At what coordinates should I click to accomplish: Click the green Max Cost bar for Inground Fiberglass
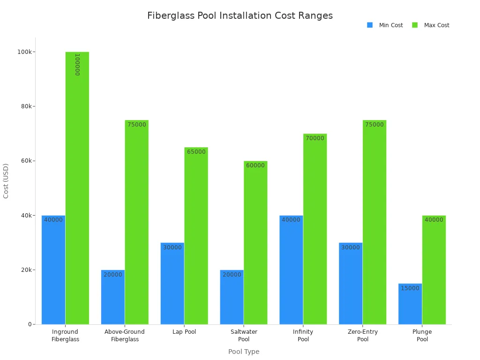coord(77,187)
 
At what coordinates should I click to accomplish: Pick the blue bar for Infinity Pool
coord(291,270)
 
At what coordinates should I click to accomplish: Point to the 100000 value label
coord(77,64)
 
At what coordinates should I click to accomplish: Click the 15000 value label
coord(410,288)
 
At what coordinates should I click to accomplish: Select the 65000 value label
coord(196,152)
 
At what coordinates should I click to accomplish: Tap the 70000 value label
coord(315,138)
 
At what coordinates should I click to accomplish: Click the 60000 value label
coord(255,165)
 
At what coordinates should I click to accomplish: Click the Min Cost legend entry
coord(385,25)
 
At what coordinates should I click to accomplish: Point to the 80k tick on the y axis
coord(26,106)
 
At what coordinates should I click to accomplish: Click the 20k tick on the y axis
coord(26,270)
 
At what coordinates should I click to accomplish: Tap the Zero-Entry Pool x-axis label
coord(363,335)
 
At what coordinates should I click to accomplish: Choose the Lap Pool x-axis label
coord(184,332)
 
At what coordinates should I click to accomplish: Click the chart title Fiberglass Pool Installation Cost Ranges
coord(240,15)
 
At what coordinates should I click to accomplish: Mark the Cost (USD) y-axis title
coord(6,180)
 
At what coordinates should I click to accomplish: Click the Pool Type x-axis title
coord(244,352)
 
